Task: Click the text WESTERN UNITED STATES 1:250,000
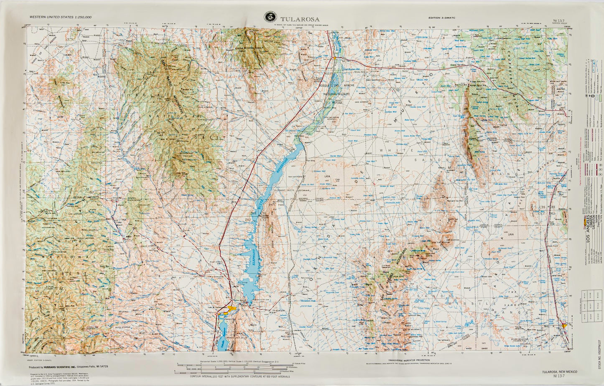[60, 17]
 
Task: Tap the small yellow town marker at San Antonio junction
[335, 58]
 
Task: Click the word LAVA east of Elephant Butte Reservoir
[321, 176]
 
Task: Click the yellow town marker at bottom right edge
[565, 325]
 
